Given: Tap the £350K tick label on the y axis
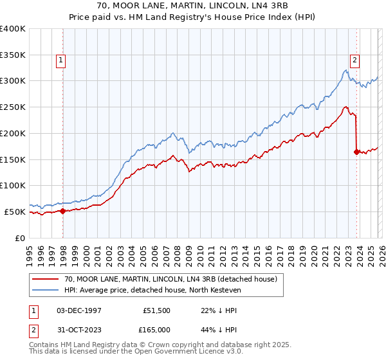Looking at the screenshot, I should click(13, 55).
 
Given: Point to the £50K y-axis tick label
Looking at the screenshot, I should click(15, 212).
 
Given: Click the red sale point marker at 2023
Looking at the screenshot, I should click(356, 152).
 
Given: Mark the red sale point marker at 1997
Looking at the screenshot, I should click(63, 210).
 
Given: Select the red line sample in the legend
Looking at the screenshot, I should click(45, 279).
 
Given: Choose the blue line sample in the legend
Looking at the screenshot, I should click(45, 290).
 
